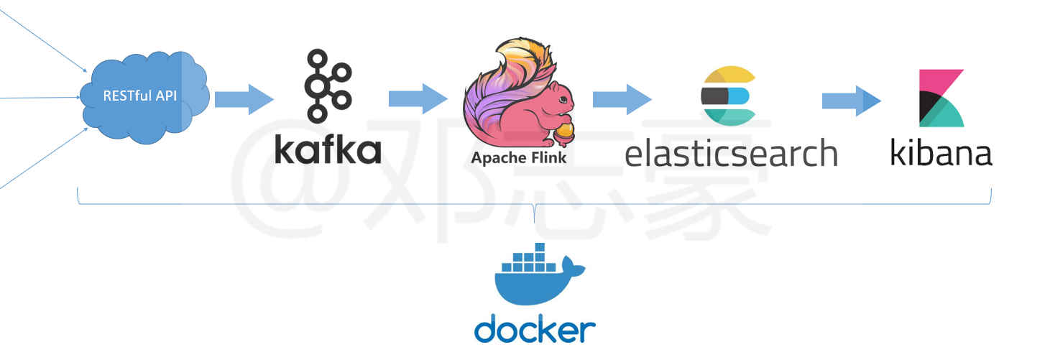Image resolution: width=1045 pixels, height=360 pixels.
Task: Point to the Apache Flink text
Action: tap(518, 157)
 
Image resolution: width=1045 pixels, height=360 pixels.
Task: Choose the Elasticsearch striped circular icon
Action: tap(727, 96)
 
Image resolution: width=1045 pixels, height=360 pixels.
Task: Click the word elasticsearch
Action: tap(731, 153)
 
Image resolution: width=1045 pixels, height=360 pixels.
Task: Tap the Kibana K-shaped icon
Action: tap(942, 98)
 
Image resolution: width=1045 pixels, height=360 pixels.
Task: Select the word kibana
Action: tap(942, 152)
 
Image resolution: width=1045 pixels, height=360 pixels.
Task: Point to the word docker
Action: tap(535, 330)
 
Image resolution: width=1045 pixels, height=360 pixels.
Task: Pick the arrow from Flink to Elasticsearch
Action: tap(622, 98)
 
